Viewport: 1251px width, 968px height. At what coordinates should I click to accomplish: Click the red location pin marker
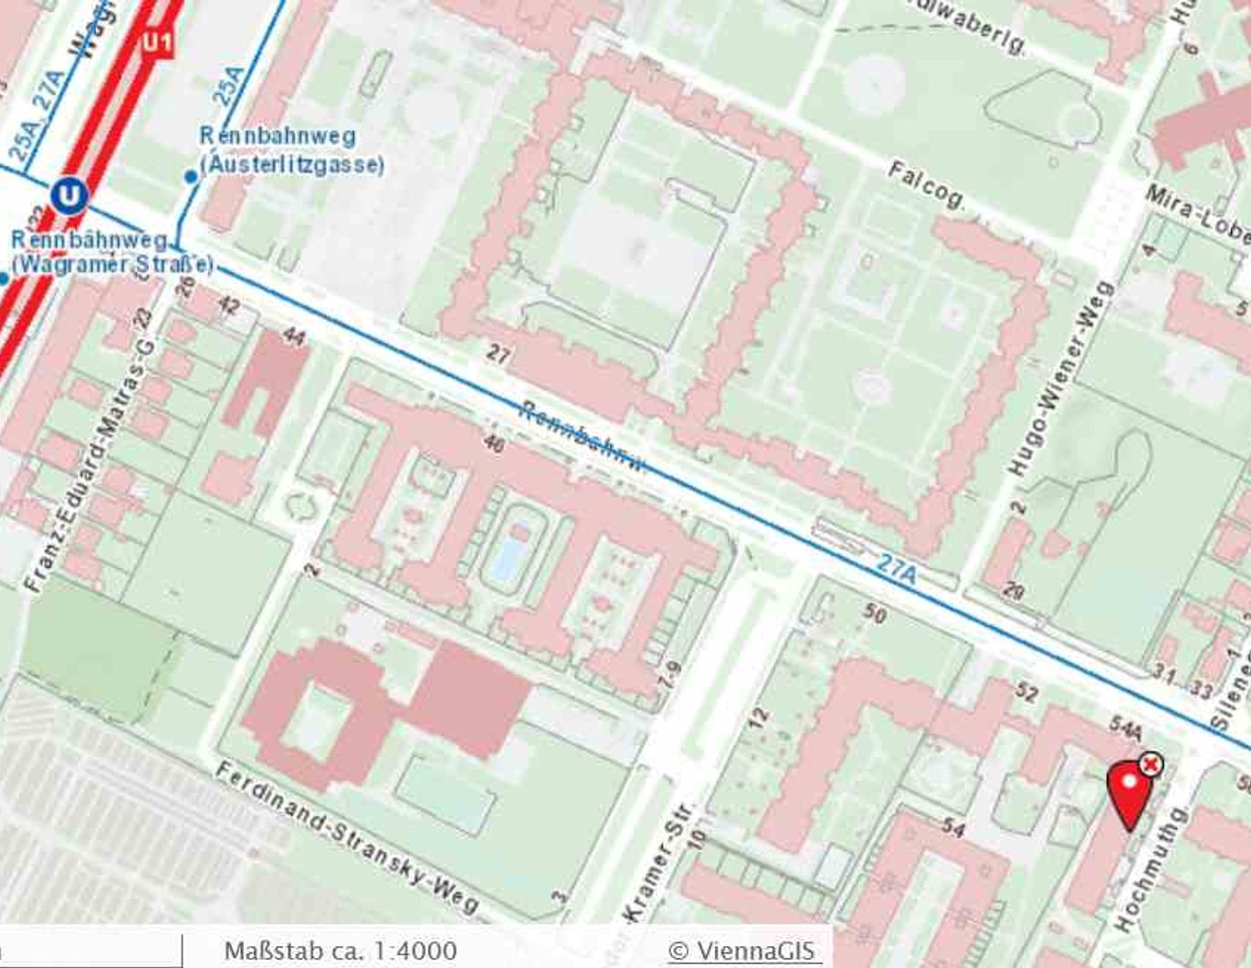(x=1130, y=793)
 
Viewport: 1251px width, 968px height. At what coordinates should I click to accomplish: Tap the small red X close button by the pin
(x=1151, y=763)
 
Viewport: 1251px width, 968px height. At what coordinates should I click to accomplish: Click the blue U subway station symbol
(x=69, y=195)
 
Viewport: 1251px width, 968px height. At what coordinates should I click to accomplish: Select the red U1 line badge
(x=156, y=41)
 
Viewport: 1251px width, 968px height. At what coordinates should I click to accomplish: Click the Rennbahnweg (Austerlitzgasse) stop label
(x=290, y=151)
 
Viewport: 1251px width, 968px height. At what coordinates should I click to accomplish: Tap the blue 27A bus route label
(x=896, y=567)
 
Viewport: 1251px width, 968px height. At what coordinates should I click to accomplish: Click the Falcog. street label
(x=925, y=184)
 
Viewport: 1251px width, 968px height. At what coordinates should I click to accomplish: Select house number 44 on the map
(x=294, y=336)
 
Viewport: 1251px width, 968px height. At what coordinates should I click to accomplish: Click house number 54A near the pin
(x=1125, y=729)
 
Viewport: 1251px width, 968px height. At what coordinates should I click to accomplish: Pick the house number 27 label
(x=498, y=353)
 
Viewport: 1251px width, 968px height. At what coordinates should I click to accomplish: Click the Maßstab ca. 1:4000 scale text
(x=340, y=951)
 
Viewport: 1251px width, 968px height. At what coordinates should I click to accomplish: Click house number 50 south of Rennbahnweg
(x=875, y=613)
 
